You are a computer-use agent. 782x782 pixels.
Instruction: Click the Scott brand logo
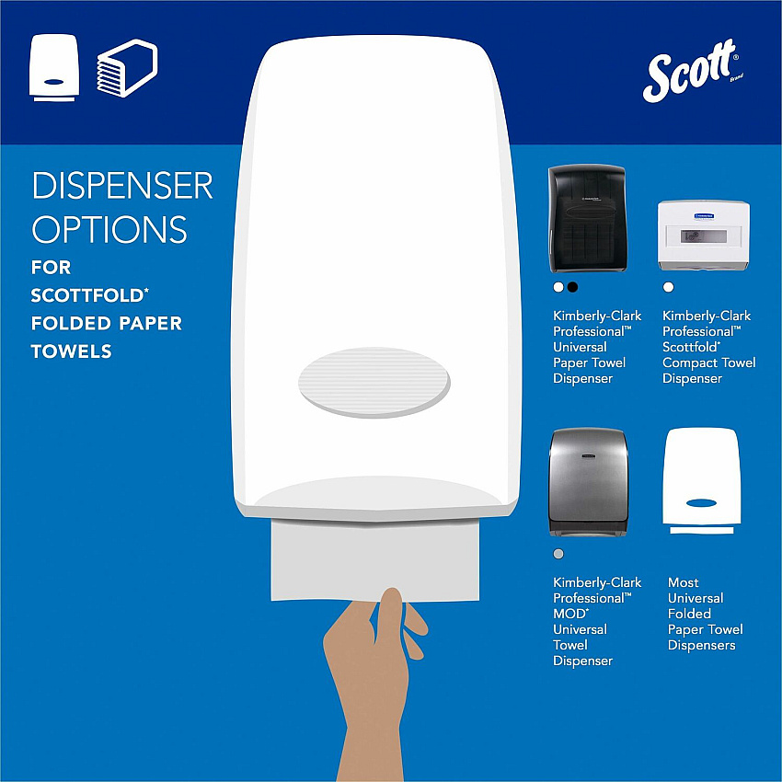692,71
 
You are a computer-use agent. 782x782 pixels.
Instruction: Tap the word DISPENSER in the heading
122,186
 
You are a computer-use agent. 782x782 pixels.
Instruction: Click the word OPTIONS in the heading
109,229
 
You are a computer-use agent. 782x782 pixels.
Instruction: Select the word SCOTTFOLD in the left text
87,295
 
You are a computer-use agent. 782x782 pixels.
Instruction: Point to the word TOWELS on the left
72,351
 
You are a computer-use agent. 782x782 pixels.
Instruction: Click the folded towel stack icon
127,68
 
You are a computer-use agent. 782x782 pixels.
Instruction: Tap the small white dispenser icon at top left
54,67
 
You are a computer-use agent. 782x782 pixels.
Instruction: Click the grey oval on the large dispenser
374,382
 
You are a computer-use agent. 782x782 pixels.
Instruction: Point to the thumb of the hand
388,615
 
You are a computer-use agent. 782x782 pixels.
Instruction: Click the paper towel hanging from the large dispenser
375,559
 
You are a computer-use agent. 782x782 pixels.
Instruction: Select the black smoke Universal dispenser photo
587,218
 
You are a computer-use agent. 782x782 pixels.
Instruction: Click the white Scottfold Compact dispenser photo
704,235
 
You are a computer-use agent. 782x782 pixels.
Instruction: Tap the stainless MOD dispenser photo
588,482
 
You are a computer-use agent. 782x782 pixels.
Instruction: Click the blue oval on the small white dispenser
701,502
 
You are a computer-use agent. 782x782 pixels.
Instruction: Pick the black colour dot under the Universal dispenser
572,287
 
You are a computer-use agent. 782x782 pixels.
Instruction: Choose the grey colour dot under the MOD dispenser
558,554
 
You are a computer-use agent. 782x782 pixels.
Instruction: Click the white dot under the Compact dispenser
668,287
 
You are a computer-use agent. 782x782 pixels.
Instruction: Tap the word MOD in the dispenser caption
570,614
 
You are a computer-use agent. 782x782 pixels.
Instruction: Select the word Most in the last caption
684,582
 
